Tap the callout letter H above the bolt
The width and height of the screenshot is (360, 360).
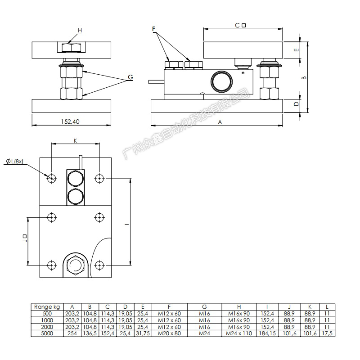(80, 31)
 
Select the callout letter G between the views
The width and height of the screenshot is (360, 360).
(130, 77)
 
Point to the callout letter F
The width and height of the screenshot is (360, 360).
(153, 29)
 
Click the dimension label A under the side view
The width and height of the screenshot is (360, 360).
(220, 121)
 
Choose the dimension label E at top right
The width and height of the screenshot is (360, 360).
(296, 50)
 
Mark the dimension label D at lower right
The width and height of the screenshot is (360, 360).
(296, 103)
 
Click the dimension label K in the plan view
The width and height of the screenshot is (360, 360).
(76, 141)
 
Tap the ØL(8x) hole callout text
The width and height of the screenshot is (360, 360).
(18, 162)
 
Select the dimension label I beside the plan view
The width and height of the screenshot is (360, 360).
(127, 224)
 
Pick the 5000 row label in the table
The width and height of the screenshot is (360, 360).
(47, 333)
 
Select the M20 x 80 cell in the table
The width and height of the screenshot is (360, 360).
(170, 333)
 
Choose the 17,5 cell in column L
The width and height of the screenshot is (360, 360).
(328, 333)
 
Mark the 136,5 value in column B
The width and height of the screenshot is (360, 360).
(90, 333)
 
